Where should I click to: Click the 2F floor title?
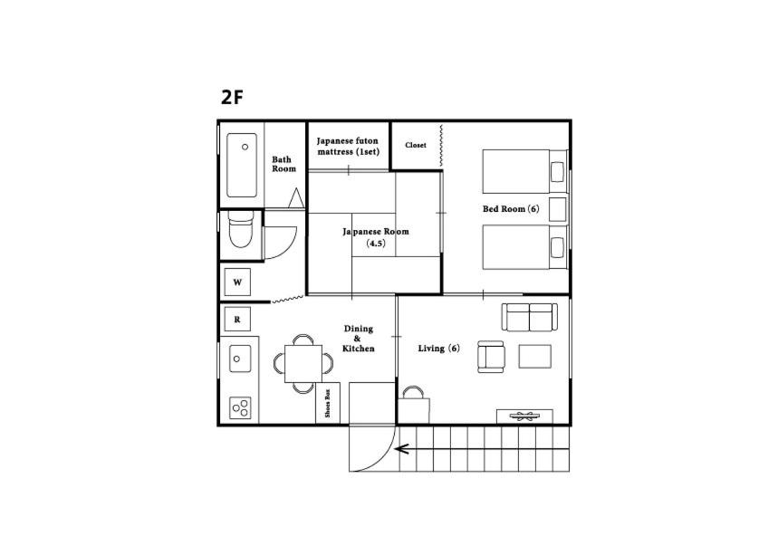pyautogui.click(x=232, y=98)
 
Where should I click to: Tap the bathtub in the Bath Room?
pyautogui.click(x=242, y=166)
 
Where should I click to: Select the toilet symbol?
pyautogui.click(x=239, y=231)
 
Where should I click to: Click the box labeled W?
pyautogui.click(x=237, y=282)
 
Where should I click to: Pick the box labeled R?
pyautogui.click(x=237, y=319)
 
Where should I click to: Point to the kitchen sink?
pyautogui.click(x=239, y=358)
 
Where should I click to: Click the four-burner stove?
pyautogui.click(x=240, y=407)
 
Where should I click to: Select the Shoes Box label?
pyautogui.click(x=327, y=403)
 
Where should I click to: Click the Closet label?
pyautogui.click(x=416, y=146)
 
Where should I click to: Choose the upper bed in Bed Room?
pyautogui.click(x=516, y=171)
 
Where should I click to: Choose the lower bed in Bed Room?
pyautogui.click(x=516, y=247)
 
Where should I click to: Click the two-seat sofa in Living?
pyautogui.click(x=530, y=318)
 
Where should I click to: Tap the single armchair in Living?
pyautogui.click(x=492, y=357)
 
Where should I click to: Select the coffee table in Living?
pyautogui.click(x=534, y=357)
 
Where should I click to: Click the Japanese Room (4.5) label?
pyautogui.click(x=375, y=237)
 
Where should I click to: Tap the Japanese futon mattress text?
pyautogui.click(x=348, y=147)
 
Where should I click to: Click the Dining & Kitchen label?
pyautogui.click(x=358, y=339)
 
